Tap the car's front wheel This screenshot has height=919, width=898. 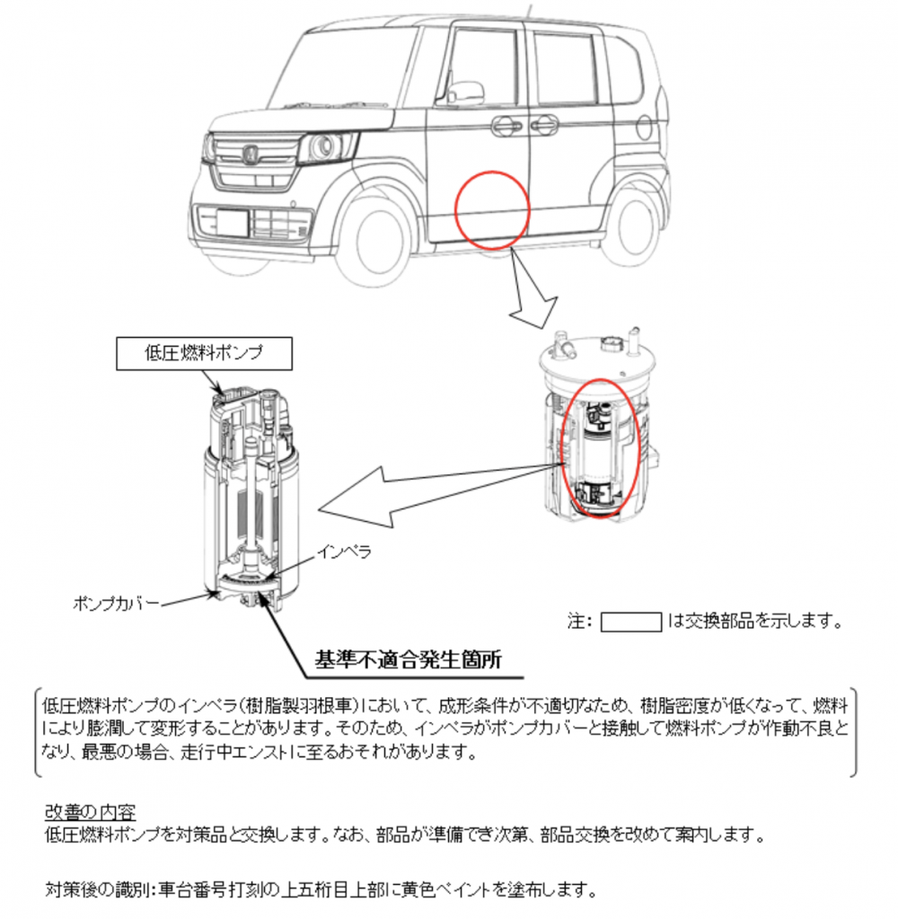(x=379, y=237)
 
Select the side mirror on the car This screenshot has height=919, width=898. (x=465, y=90)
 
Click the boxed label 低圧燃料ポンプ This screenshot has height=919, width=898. (x=204, y=353)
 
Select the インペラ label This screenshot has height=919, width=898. (x=345, y=552)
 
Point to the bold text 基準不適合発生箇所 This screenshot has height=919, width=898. (x=409, y=659)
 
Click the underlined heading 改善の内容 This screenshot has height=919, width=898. (x=90, y=812)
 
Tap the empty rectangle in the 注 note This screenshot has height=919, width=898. (x=631, y=622)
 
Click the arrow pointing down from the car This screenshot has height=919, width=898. (x=531, y=291)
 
